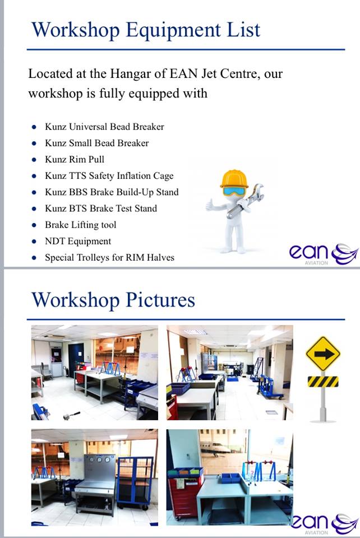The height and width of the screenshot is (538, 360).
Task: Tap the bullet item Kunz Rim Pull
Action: tap(75, 159)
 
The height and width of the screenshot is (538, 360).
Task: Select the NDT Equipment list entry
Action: tap(78, 241)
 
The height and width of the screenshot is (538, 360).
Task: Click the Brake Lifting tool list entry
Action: tap(81, 225)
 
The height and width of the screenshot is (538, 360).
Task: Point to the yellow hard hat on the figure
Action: tap(234, 178)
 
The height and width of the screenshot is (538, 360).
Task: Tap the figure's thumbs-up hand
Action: tap(210, 205)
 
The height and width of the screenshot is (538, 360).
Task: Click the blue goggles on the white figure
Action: tap(235, 191)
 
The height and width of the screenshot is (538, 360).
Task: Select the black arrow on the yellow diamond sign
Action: tap(323, 354)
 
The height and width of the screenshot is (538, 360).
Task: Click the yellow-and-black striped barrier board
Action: tap(322, 381)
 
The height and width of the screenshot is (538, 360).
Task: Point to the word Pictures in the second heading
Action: tap(160, 300)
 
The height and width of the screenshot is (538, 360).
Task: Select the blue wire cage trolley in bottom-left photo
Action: tap(135, 482)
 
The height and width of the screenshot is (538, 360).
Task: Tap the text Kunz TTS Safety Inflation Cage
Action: tap(109, 175)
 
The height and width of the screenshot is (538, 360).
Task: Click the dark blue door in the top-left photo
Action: tap(76, 359)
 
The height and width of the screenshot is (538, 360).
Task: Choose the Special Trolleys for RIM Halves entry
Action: tap(109, 258)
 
